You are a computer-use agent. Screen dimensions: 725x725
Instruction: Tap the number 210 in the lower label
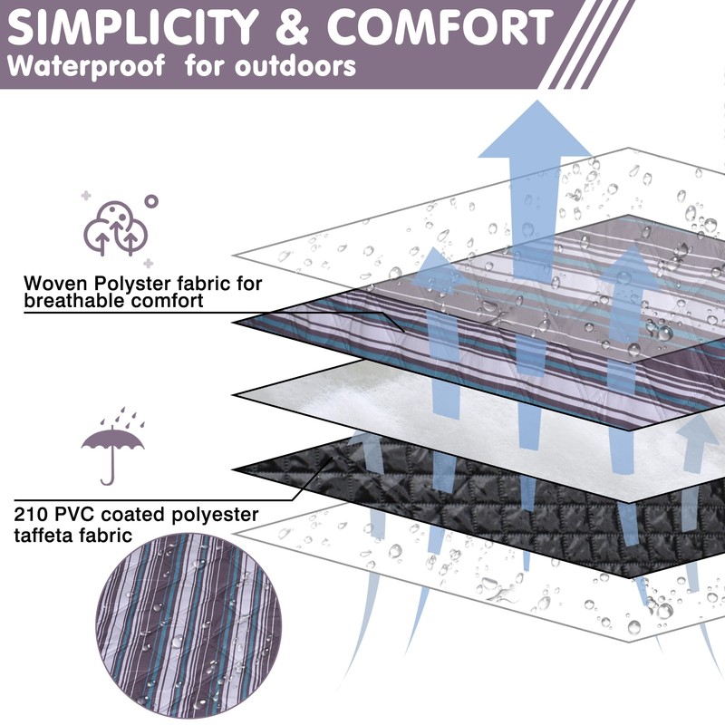click(x=31, y=516)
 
